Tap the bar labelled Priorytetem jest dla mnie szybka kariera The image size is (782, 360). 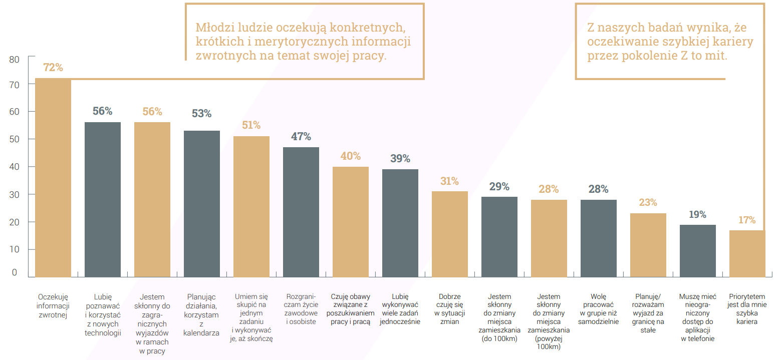pyautogui.click(x=747, y=253)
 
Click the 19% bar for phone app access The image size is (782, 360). pyautogui.click(x=697, y=250)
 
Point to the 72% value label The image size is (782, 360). pyautogui.click(x=53, y=67)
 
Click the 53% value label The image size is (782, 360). pyautogui.click(x=201, y=114)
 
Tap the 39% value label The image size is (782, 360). pyautogui.click(x=400, y=159)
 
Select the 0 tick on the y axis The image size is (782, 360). pyautogui.click(x=15, y=272)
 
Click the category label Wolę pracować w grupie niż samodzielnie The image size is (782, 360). pyautogui.click(x=598, y=309)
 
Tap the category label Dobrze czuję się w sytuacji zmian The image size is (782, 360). pyautogui.click(x=449, y=309)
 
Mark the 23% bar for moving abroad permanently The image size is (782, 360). pyautogui.click(x=648, y=245)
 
